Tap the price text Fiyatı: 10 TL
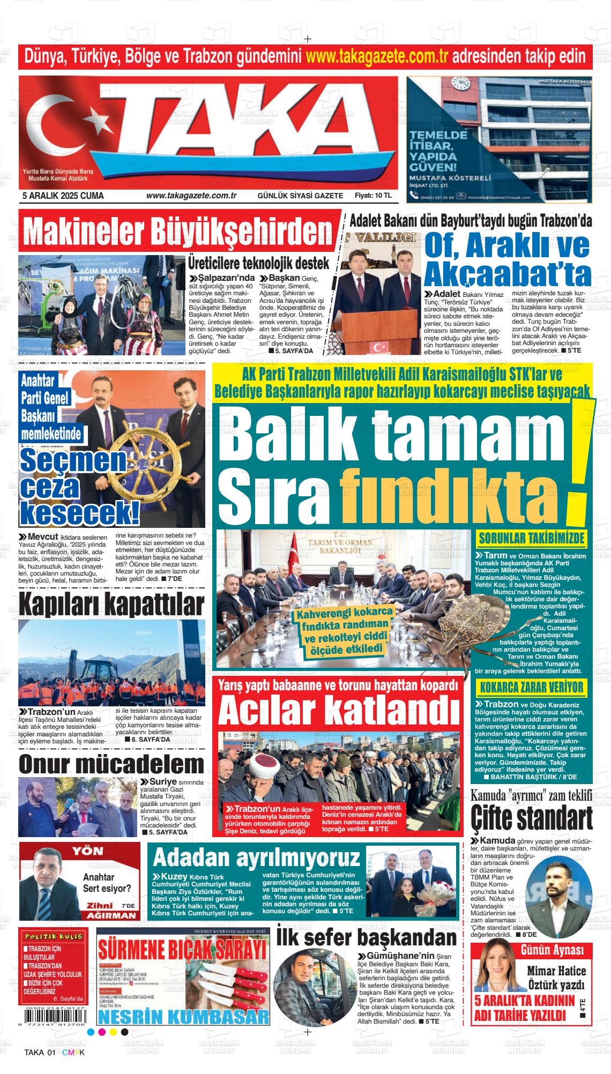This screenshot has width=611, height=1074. coord(373,196)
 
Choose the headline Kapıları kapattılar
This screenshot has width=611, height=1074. coord(111,605)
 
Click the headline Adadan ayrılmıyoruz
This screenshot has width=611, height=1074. coord(256,858)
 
